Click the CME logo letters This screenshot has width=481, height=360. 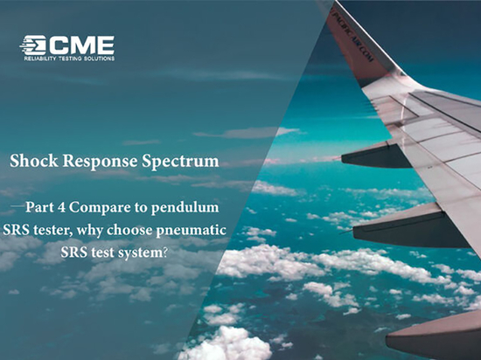(81, 45)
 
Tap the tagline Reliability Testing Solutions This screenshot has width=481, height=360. (69, 59)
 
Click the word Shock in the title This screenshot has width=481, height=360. (34, 161)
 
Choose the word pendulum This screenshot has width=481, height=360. (185, 208)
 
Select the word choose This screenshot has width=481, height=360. (129, 231)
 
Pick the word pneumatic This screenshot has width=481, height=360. (192, 231)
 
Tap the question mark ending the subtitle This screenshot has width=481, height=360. (165, 253)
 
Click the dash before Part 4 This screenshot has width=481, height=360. (17, 206)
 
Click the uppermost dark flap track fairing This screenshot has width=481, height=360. (377, 156)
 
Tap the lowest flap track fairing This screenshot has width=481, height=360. (434, 336)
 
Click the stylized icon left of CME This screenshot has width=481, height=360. (33, 45)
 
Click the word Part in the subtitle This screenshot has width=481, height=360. (40, 207)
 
